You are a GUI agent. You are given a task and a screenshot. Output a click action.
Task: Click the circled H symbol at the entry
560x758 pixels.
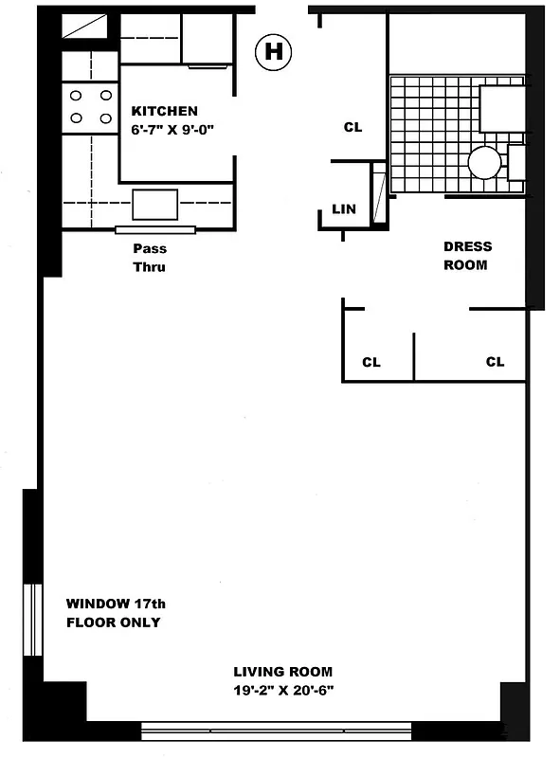tap(273, 51)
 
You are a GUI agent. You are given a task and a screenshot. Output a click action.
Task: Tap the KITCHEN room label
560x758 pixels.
tap(164, 111)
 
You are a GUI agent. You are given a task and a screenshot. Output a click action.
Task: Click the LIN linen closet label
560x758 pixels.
tap(344, 209)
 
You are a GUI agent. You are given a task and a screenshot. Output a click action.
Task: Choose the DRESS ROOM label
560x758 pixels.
tap(467, 256)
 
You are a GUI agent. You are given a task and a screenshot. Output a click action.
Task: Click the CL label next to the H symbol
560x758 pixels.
tap(352, 127)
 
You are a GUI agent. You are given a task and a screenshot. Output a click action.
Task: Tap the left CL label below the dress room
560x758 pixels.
tap(371, 362)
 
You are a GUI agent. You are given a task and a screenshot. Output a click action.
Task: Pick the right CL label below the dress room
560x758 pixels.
tap(495, 362)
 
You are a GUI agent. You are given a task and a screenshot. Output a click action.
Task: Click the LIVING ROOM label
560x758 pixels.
tap(284, 672)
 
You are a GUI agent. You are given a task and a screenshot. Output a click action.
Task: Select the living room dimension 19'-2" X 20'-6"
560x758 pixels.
tap(284, 690)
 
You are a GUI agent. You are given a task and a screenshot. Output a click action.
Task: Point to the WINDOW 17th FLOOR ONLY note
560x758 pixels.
tap(113, 613)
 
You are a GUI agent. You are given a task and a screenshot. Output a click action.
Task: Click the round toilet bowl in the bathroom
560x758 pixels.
tap(484, 163)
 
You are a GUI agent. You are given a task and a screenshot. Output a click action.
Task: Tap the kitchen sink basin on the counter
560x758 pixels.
tap(154, 204)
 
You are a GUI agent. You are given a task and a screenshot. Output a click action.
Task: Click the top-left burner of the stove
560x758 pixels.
tap(76, 96)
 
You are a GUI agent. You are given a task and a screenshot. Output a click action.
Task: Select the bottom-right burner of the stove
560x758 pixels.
tap(105, 117)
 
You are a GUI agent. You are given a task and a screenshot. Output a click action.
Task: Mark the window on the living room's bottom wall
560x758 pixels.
tap(276, 730)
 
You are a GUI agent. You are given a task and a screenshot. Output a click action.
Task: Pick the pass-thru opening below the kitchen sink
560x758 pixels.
tap(155, 229)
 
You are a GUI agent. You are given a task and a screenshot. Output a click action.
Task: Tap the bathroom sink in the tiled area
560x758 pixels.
tap(502, 107)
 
